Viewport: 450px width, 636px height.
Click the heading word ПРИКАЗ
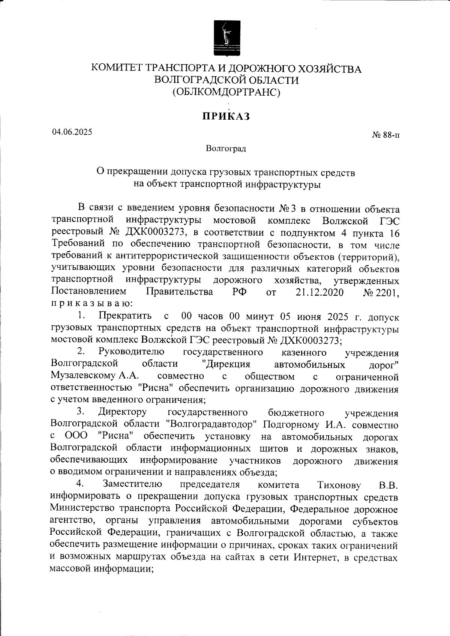point(226,116)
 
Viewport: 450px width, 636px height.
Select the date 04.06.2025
point(72,132)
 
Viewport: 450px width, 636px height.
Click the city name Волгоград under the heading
point(226,149)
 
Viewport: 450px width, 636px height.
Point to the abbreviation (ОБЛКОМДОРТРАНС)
point(226,92)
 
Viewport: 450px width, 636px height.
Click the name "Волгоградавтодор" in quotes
point(210,425)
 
